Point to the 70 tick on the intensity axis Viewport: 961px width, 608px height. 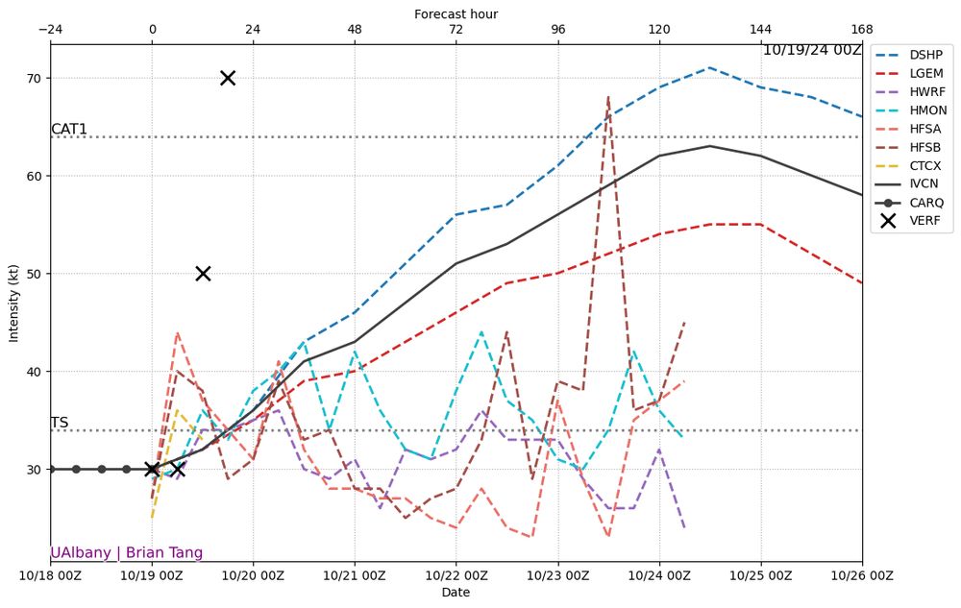35,78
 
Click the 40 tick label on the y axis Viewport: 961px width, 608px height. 35,372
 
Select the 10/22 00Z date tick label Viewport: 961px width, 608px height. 456,575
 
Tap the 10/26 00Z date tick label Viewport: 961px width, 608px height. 862,575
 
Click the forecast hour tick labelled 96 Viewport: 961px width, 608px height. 558,29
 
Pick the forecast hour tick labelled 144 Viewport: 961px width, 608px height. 761,29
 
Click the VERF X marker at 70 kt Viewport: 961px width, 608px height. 228,78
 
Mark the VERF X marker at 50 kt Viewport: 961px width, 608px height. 203,274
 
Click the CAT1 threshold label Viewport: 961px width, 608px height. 69,130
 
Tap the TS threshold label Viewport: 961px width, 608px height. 60,423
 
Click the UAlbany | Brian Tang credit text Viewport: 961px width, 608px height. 127,552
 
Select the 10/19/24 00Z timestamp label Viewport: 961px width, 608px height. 812,50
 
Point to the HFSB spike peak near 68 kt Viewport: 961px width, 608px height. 608,97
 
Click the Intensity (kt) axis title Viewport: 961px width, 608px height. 13,303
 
